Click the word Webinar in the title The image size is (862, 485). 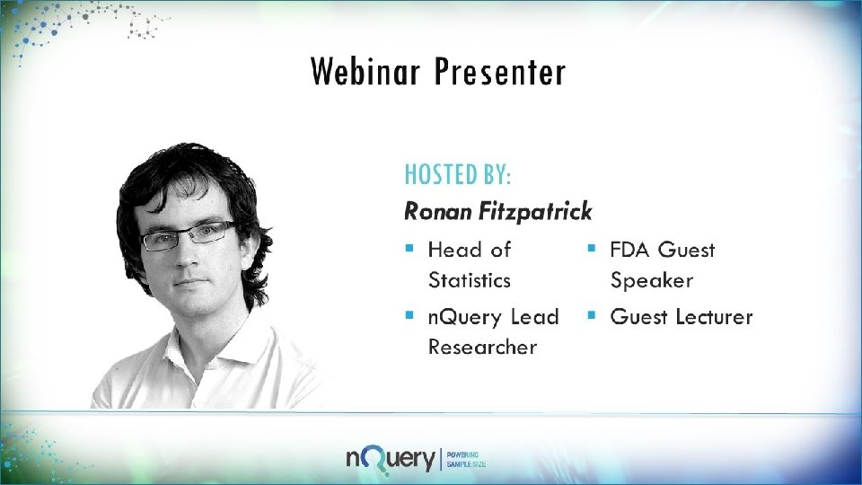[x=365, y=72]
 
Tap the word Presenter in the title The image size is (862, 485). [x=500, y=72]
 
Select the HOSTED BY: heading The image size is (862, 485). [x=457, y=172]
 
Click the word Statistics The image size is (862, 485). [x=469, y=280]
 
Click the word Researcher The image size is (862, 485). [x=482, y=347]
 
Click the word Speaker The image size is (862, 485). [x=652, y=280]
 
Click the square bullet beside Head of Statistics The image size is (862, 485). [x=409, y=246]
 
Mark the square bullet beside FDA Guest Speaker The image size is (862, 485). [x=592, y=246]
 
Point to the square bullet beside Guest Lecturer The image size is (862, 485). [x=592, y=314]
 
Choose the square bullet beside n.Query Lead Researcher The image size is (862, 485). [x=409, y=314]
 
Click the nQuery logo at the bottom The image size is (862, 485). [x=391, y=458]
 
